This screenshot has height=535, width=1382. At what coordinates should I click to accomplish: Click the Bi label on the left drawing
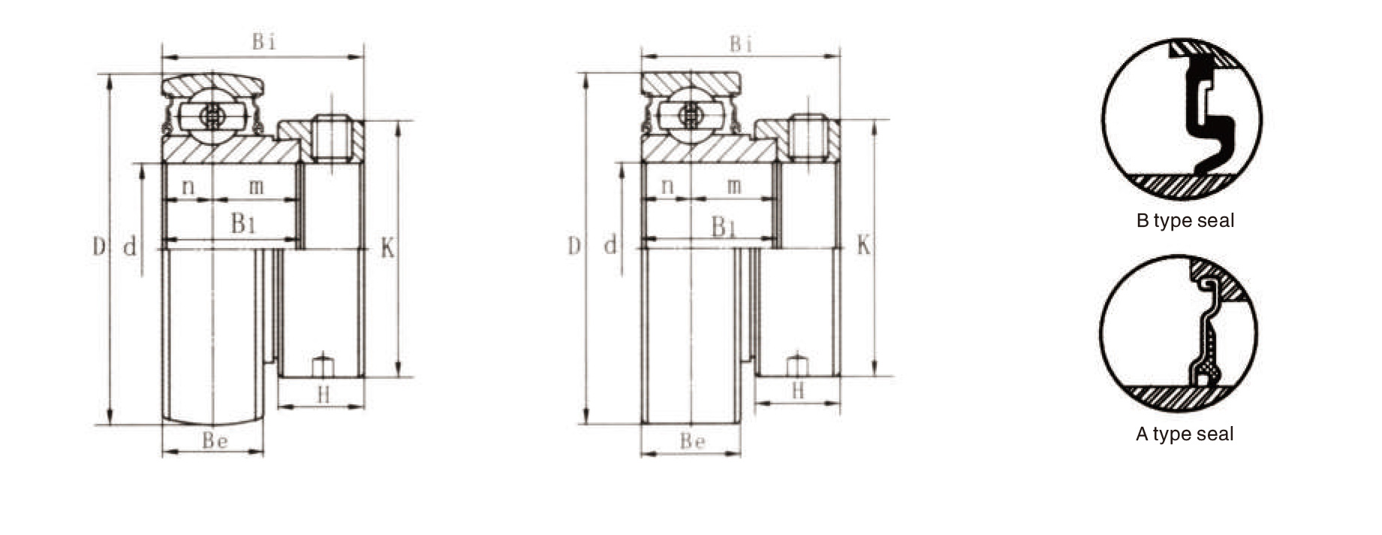(x=264, y=42)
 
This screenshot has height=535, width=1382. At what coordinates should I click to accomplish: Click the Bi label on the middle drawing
(x=742, y=44)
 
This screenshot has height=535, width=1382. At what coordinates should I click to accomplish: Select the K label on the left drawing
(x=387, y=248)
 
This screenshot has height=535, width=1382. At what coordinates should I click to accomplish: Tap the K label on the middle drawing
(x=864, y=245)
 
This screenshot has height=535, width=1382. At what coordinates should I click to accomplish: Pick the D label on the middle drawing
(x=574, y=246)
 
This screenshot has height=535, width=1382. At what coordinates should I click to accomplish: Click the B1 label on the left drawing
(x=244, y=223)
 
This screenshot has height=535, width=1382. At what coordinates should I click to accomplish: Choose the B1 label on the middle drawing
(x=724, y=226)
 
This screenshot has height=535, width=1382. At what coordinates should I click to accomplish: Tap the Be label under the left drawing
(x=215, y=440)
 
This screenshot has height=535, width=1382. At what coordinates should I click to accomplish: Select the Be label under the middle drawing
(x=692, y=441)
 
